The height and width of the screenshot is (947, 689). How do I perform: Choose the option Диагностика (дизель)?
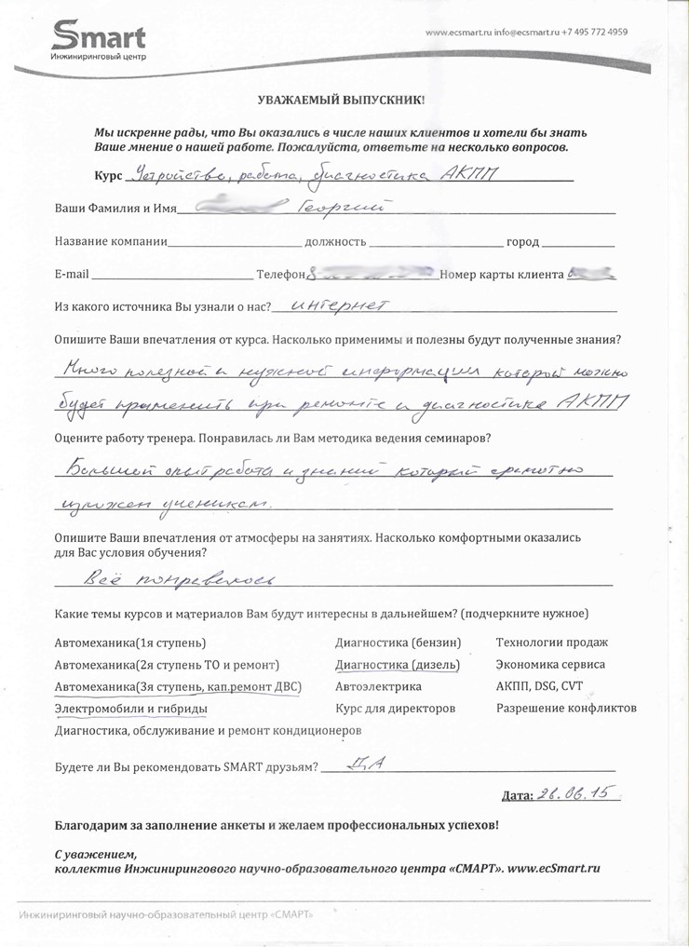click(398, 665)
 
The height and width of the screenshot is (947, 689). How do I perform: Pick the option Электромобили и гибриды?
click(130, 709)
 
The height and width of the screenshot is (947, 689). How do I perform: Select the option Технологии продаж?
click(551, 643)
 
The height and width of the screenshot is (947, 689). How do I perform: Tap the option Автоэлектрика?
click(377, 686)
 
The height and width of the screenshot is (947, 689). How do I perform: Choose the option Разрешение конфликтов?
click(566, 709)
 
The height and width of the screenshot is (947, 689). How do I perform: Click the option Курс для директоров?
click(395, 709)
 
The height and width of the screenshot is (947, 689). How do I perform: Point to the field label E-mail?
click(72, 275)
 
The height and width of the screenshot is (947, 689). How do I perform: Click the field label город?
click(521, 242)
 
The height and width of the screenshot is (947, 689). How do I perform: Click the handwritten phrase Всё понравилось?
click(179, 579)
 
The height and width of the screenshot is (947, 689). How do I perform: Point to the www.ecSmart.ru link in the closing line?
click(554, 868)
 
